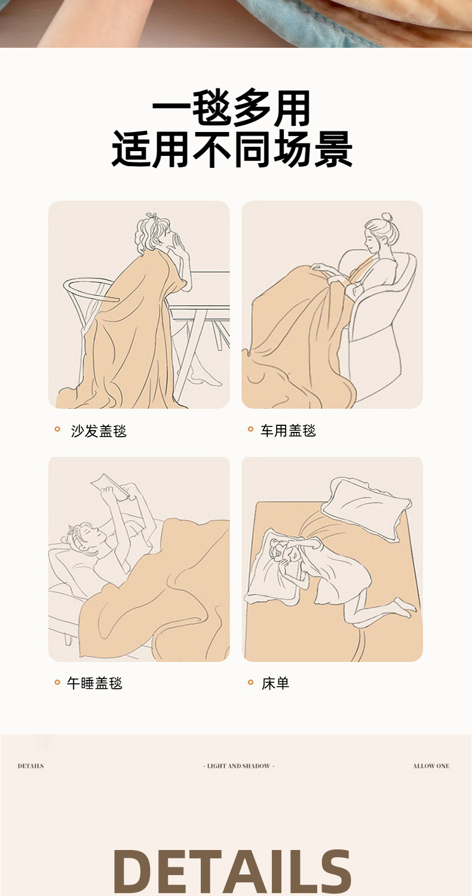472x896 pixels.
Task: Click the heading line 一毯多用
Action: pos(231,108)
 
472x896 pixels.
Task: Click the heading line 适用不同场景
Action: pos(232,149)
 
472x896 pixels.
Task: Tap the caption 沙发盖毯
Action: pos(99,431)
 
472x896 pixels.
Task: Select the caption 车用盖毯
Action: pos(288,431)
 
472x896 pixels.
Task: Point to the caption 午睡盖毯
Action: pos(94,683)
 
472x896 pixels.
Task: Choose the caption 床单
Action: pos(275,683)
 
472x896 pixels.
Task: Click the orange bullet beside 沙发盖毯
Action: pos(57,429)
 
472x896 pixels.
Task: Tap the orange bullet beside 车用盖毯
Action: pos(251,429)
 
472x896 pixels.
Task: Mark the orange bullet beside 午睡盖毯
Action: pos(57,682)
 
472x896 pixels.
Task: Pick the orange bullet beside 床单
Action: pos(251,682)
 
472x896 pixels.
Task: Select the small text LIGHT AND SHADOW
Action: pos(239,766)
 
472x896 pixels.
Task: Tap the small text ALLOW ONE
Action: pos(431,766)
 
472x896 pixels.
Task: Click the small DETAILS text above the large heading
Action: pos(31,766)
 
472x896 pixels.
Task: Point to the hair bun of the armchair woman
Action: pos(387,217)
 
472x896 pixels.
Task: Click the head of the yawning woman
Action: pos(155,233)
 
